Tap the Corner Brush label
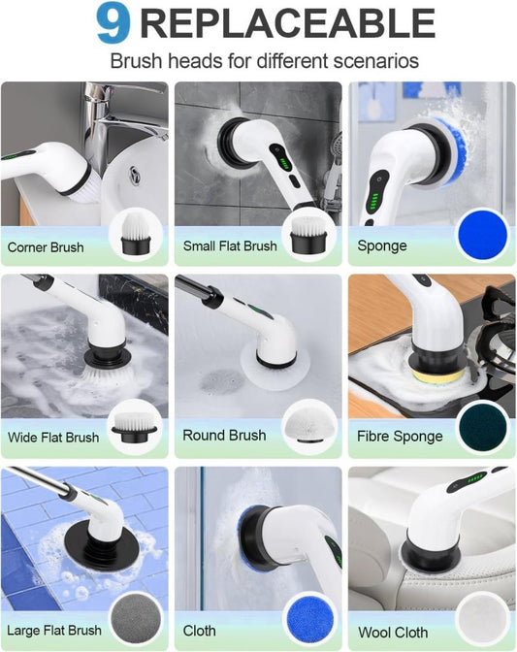pos(46,247)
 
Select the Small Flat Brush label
pos(230,246)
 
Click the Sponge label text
pos(382,246)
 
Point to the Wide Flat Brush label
pos(53,438)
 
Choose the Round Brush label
pos(224,436)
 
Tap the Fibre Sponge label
pos(400,437)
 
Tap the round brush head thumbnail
pos(310,428)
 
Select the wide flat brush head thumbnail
pos(137,428)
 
